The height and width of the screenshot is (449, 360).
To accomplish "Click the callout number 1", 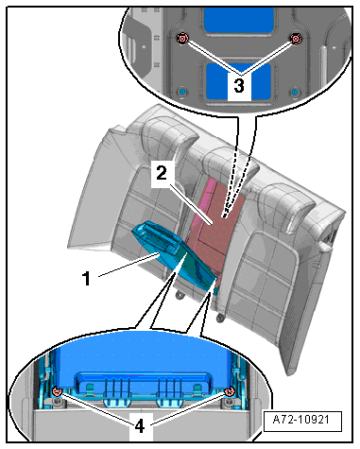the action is (x=86, y=278).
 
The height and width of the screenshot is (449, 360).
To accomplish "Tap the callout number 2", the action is (x=161, y=173).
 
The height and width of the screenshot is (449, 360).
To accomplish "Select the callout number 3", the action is (x=239, y=85).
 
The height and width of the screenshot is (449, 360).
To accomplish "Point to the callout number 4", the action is (x=140, y=426).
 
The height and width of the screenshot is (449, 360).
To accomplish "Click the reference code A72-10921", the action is (x=301, y=420).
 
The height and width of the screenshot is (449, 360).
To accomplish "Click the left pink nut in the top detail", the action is (x=182, y=39).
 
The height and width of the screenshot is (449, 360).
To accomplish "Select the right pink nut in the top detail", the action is (x=296, y=39).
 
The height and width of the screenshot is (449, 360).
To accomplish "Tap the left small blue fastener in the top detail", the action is (x=182, y=92).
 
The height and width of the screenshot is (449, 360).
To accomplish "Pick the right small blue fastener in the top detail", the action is (x=295, y=92).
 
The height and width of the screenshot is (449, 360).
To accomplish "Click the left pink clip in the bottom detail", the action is (x=57, y=391).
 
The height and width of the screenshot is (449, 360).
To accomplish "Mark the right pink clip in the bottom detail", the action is (x=229, y=391).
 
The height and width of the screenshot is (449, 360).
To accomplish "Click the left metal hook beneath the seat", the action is (x=180, y=295).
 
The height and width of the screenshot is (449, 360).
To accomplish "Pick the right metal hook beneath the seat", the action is (x=220, y=318).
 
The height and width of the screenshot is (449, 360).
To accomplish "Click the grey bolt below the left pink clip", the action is (x=57, y=402).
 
